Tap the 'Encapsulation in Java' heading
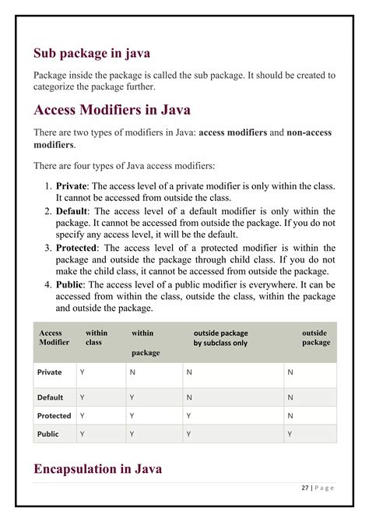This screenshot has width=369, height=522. coord(97,469)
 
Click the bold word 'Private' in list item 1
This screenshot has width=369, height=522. coord(72,186)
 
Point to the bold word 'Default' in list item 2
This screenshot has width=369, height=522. coord(72,211)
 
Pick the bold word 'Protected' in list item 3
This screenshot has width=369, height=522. coord(77,248)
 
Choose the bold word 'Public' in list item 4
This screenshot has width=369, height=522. coord(70,284)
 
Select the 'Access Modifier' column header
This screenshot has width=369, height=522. coord(54,337)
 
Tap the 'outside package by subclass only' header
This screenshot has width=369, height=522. coord(220,337)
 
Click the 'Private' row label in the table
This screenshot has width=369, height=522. coord(50,372)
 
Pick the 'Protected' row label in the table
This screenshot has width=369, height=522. coord(54,416)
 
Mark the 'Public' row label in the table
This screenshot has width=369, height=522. coord(48,435)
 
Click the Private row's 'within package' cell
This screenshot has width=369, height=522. coord(132,372)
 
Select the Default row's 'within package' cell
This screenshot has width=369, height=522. coord(132,397)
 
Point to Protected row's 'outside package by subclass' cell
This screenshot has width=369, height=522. coord(188,416)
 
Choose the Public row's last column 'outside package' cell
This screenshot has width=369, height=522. coord(290,435)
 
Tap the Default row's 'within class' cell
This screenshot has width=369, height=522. coord(83,397)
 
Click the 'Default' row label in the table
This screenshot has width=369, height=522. coord(51,397)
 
